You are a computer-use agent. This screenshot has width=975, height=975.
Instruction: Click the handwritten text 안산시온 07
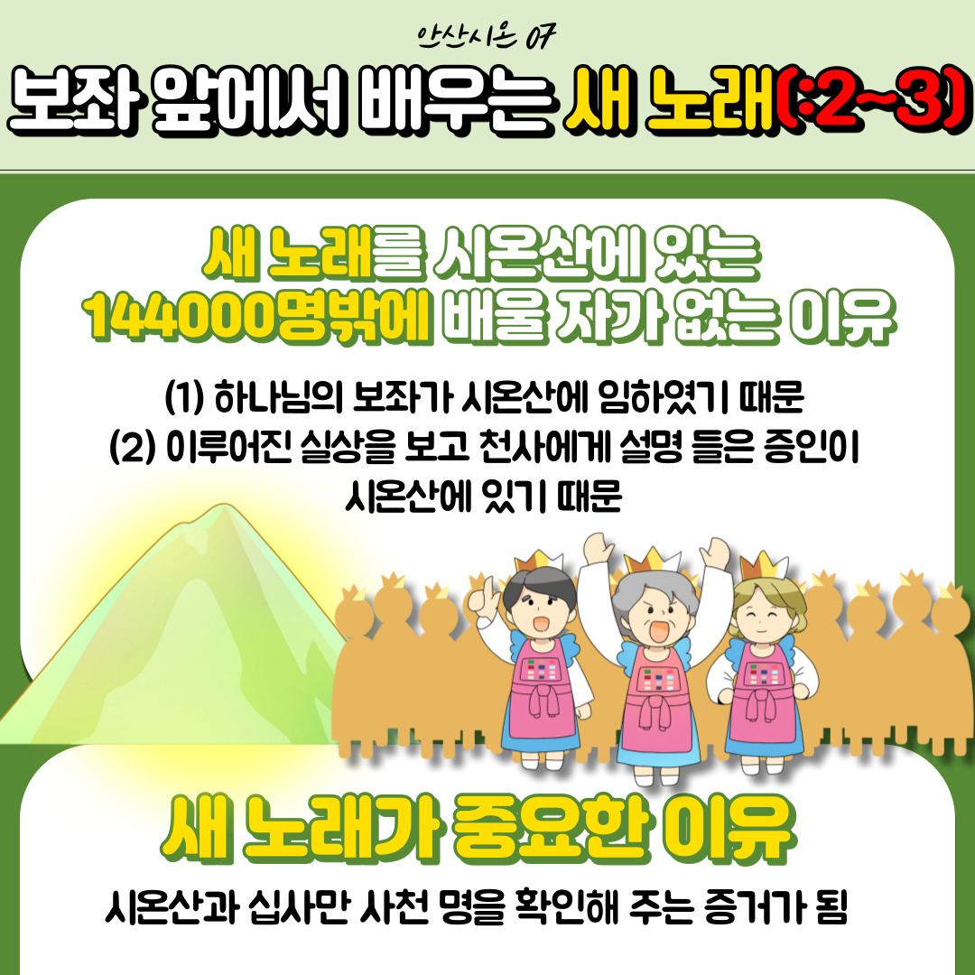[487, 37]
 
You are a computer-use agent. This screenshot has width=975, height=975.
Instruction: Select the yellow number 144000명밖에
[256, 319]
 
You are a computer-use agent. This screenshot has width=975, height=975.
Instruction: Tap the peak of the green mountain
[224, 506]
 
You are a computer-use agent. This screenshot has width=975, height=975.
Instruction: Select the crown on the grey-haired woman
[652, 560]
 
